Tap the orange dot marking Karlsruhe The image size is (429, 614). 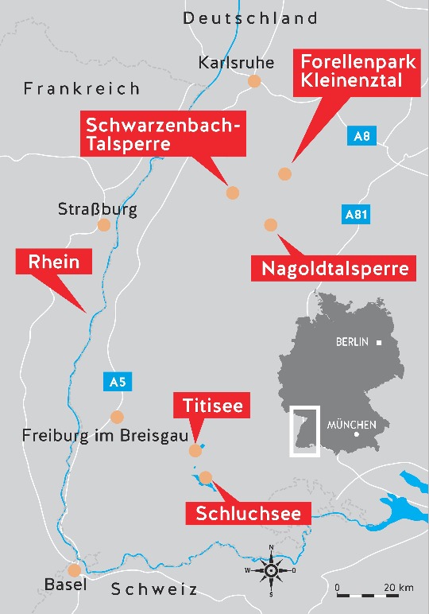[254, 80]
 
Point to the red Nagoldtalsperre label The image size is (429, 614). [334, 269]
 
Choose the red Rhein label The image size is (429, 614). [54, 262]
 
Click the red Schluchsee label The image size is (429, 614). [249, 513]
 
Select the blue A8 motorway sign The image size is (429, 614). [361, 136]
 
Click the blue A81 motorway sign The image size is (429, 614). [356, 214]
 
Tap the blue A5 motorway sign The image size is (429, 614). [117, 383]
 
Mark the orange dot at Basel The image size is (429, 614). [75, 570]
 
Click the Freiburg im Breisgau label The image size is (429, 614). [99, 436]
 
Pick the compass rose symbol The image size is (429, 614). [271, 570]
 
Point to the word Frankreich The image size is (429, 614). [81, 88]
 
